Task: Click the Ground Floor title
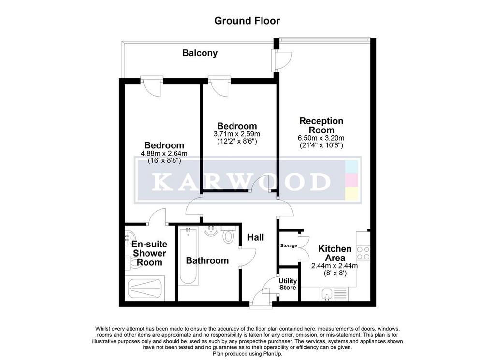tap(247, 21)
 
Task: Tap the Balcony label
tap(200, 53)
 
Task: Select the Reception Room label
tap(321, 125)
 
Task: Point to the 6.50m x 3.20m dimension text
tap(321, 138)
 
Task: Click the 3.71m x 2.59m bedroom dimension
tap(237, 134)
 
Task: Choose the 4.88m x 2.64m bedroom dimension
tap(164, 153)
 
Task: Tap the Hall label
tap(255, 237)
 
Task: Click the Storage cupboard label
tap(289, 245)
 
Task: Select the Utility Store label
tap(288, 284)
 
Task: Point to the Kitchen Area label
tap(335, 253)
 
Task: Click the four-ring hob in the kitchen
tap(363, 253)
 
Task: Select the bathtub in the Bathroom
tap(188, 256)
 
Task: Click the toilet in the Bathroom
tap(228, 234)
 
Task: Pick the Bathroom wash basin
tap(211, 231)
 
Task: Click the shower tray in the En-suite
tap(145, 288)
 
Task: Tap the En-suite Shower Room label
tap(149, 253)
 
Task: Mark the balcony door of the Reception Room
tap(282, 60)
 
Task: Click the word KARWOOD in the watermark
tap(242, 182)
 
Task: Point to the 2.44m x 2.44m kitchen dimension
tap(335, 266)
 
